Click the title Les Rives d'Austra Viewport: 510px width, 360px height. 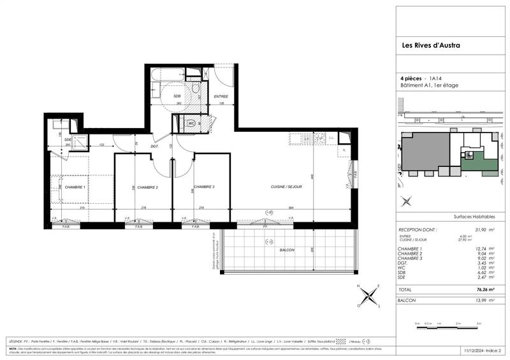point(430,45)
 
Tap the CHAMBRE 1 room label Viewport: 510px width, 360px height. point(75,187)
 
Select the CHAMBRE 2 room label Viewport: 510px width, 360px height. point(147,187)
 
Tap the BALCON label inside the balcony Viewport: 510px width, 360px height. point(286,250)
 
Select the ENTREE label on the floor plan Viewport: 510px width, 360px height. point(221,96)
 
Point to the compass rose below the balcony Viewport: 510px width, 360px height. point(368,296)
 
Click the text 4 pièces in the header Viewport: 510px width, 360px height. point(416,77)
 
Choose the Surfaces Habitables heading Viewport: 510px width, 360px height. point(472,217)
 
